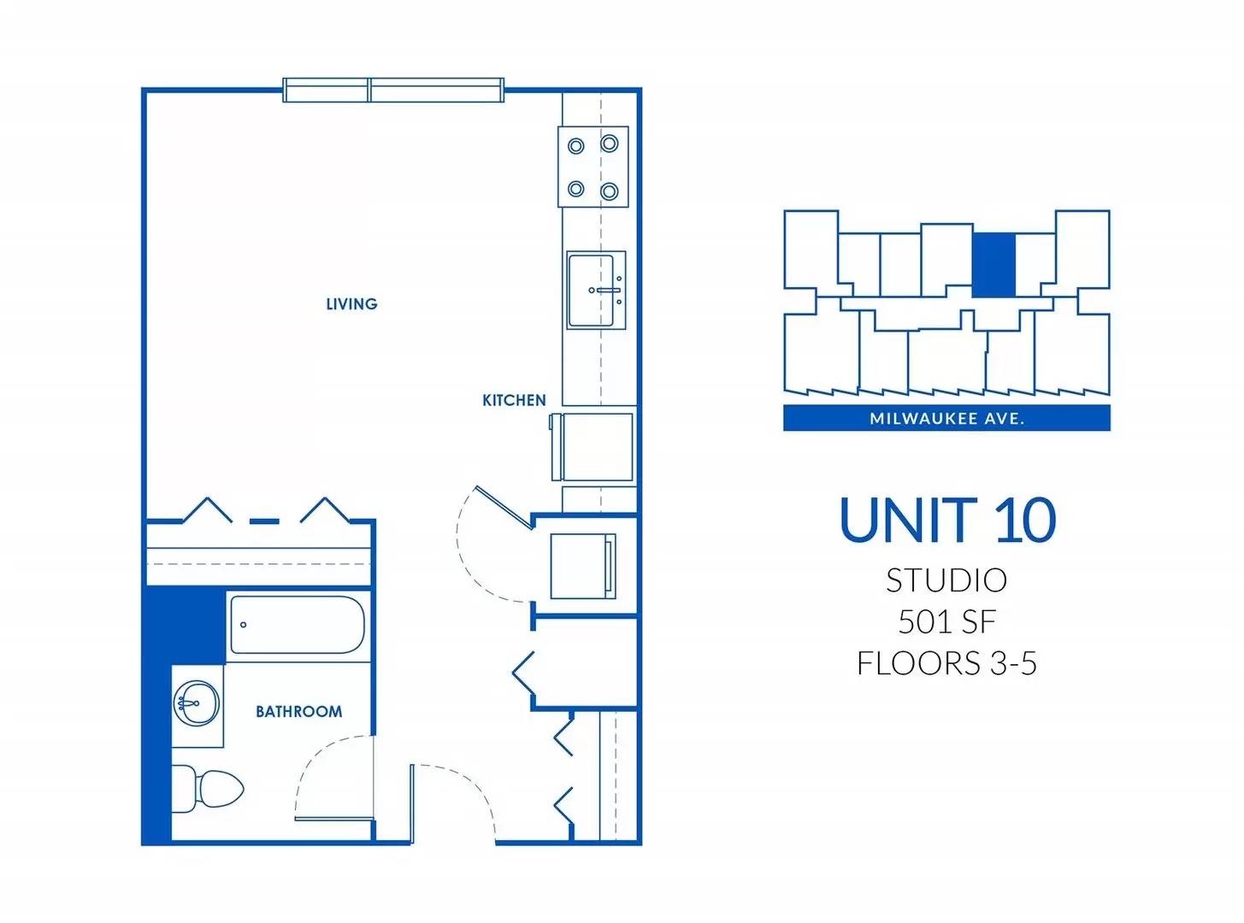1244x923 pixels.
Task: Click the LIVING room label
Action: pos(351,304)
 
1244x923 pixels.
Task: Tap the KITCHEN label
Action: pos(514,400)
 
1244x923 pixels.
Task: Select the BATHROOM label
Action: pos(298,712)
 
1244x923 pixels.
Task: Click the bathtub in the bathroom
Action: pos(298,625)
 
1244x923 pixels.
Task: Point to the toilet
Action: pos(208,789)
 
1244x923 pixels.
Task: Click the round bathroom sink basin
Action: pos(197,703)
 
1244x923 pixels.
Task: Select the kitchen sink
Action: pos(596,290)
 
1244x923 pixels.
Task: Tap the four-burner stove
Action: pos(593,168)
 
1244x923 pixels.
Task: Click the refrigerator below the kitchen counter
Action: pos(593,447)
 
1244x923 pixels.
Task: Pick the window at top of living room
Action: pos(393,90)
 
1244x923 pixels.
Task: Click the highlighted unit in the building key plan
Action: pos(993,265)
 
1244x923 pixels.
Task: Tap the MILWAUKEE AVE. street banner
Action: pos(946,418)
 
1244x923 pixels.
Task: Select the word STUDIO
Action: pos(946,580)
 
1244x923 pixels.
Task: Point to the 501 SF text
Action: pos(946,621)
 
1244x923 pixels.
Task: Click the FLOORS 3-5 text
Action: pos(946,663)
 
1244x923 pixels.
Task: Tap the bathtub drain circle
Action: pos(244,625)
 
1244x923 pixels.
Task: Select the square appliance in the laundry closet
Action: pos(583,566)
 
